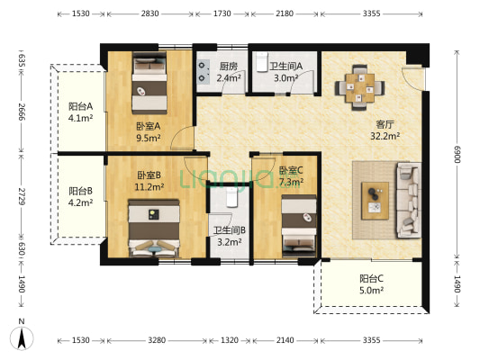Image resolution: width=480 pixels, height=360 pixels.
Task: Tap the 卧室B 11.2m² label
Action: (149, 181)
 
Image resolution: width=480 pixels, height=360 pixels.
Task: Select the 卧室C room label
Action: (291, 175)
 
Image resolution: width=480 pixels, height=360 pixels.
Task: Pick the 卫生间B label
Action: (230, 236)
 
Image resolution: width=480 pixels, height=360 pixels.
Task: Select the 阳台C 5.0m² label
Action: (371, 284)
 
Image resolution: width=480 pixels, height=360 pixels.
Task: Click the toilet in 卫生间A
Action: (263, 61)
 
